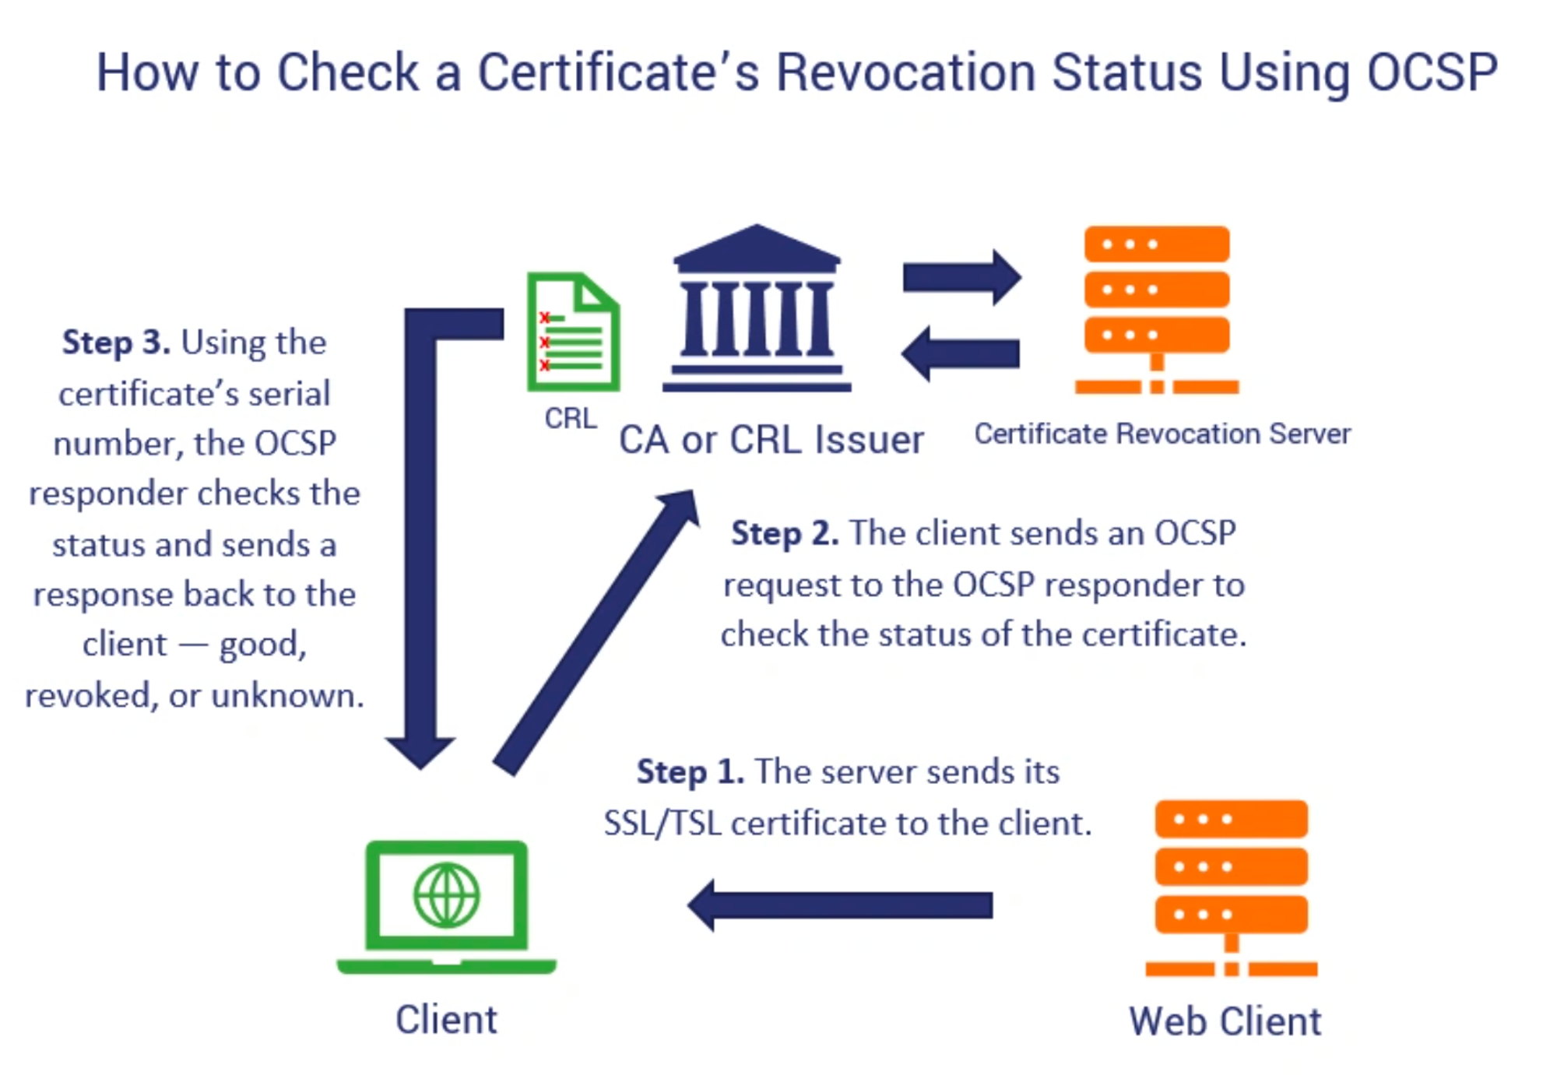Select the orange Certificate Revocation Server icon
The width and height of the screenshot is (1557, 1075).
point(1157,310)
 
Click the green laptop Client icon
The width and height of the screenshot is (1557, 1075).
point(446,907)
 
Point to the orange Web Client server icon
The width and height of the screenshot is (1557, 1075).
point(1231,887)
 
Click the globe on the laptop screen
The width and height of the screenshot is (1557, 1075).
point(447,895)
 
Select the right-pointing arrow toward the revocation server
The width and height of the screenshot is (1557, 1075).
point(962,277)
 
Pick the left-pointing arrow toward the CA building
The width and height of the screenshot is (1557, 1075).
point(961,353)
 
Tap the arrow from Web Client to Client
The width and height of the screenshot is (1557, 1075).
point(840,905)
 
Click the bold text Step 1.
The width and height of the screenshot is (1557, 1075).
point(691,771)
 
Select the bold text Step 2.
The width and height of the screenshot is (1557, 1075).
point(785,533)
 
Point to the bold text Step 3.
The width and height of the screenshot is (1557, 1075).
point(116,343)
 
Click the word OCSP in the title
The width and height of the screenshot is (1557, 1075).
point(1432,72)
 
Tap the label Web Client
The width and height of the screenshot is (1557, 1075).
point(1225,1021)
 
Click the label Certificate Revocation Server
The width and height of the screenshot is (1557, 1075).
point(1162,434)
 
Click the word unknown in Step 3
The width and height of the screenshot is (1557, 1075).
point(287,695)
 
